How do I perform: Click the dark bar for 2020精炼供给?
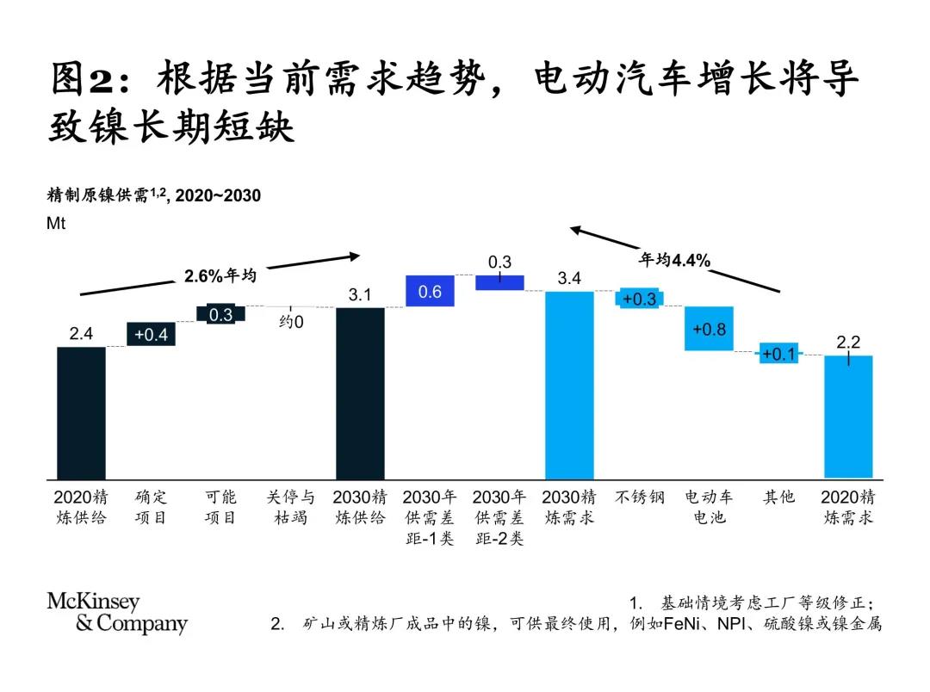coord(81,412)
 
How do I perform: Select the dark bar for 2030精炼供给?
coord(360,392)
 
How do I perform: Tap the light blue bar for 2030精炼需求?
coord(569,385)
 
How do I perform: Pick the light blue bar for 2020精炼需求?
coord(848,416)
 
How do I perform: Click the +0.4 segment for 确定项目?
coord(152,334)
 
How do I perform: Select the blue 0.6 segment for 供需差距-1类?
coord(430,292)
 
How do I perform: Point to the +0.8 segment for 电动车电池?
coord(709,329)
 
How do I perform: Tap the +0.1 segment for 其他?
coord(778,354)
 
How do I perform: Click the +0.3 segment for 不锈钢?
coord(639,299)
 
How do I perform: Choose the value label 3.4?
coord(569,278)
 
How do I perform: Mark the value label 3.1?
coord(360,295)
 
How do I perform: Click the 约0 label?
coord(291,322)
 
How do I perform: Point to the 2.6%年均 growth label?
coord(220,276)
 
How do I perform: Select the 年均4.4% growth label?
coord(674,261)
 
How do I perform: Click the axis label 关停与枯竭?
coord(291,508)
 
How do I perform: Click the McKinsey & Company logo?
coord(116,612)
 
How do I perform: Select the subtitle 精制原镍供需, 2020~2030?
coord(153,196)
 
